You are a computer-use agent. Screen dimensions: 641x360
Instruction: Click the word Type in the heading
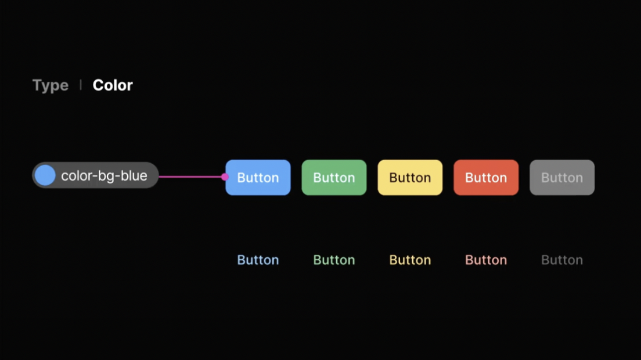[51, 85]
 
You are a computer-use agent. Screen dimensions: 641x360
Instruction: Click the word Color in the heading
[113, 85]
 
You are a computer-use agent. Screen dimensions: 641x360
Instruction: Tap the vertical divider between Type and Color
[81, 85]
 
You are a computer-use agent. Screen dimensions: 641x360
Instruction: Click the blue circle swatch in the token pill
[45, 175]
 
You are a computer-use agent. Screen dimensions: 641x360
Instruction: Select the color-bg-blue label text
[104, 176]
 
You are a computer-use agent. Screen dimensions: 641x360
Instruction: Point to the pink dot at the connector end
[225, 177]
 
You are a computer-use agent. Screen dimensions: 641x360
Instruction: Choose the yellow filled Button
[410, 178]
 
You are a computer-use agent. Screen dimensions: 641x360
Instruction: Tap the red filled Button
[486, 178]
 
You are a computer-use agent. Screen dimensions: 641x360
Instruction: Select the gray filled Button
[562, 178]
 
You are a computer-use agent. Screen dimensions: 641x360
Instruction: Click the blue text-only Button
[258, 260]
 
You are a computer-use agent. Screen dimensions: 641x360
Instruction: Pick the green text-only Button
[334, 260]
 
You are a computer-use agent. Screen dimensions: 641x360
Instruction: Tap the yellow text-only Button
[410, 260]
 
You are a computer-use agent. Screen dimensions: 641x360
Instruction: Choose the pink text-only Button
[486, 260]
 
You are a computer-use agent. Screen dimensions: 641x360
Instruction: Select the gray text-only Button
[562, 260]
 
